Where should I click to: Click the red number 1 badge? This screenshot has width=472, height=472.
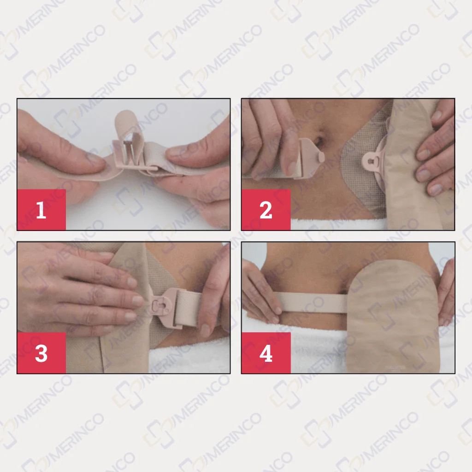coord(41,210)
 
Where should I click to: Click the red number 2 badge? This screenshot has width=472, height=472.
coord(266,210)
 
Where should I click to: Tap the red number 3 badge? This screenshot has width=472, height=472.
coord(41,353)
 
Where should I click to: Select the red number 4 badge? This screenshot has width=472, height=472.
coord(266,353)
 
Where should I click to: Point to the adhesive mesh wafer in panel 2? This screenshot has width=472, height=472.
coord(361,169)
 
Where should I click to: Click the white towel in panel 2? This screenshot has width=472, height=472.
coord(337,224)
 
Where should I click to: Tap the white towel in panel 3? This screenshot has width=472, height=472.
coord(189,358)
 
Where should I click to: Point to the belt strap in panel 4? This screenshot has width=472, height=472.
coord(313,303)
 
